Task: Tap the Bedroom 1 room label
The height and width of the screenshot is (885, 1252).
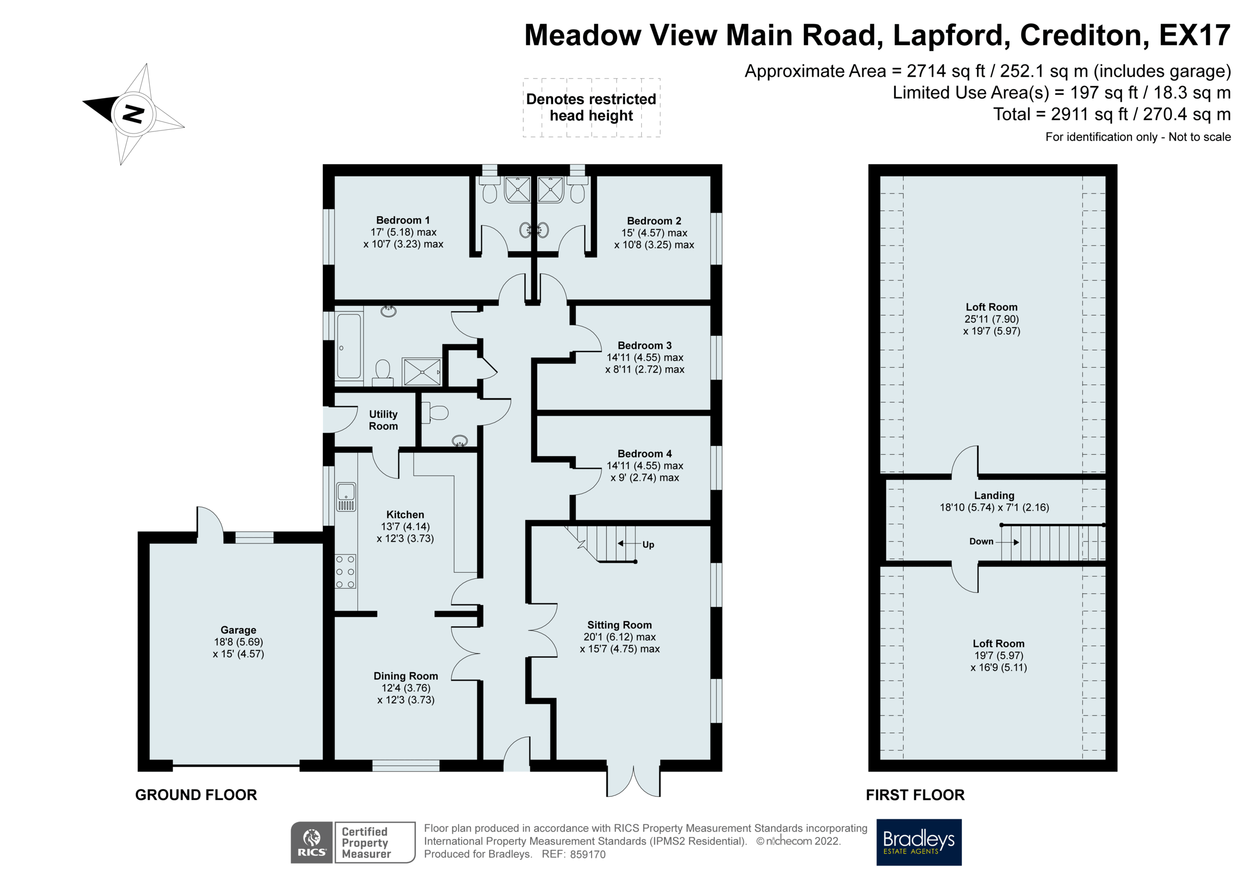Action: (x=403, y=220)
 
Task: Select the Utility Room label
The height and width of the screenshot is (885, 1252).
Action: (x=383, y=420)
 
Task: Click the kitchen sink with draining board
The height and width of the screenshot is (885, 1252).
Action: (x=346, y=497)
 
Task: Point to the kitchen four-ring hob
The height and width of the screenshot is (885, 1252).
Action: (x=345, y=572)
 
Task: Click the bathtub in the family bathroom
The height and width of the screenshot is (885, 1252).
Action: (x=349, y=346)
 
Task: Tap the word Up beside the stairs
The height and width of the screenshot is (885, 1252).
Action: (x=648, y=545)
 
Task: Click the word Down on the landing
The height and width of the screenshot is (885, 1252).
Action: (x=981, y=541)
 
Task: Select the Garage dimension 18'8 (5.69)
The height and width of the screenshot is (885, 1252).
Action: (x=238, y=642)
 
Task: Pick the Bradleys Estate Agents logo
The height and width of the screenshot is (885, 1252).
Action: (x=919, y=842)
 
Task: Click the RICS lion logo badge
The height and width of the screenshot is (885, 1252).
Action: (x=311, y=842)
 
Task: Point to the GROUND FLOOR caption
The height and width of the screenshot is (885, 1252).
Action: (x=196, y=795)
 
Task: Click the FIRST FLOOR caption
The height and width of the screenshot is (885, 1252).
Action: (x=915, y=795)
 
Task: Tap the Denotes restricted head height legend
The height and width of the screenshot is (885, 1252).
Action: (x=591, y=107)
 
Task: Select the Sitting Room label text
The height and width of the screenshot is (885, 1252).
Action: (x=619, y=625)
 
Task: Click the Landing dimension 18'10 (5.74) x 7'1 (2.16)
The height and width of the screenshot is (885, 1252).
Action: (x=994, y=507)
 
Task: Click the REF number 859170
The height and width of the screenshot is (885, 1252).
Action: (x=587, y=855)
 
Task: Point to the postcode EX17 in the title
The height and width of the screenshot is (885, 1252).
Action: (x=1194, y=35)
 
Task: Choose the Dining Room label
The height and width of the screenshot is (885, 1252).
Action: (x=406, y=676)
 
